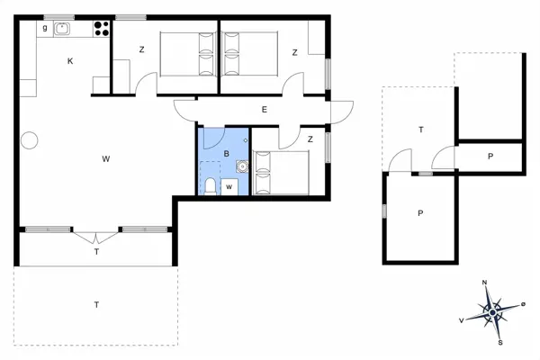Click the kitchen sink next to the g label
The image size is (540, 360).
pyautogui.click(x=62, y=29)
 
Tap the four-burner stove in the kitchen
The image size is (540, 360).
pyautogui.click(x=99, y=28)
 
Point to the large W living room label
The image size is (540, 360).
pyautogui.click(x=105, y=159)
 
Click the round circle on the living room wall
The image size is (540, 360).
pyautogui.click(x=29, y=140)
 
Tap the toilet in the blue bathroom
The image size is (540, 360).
pyautogui.click(x=210, y=186)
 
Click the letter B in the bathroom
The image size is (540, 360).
pyautogui.click(x=226, y=154)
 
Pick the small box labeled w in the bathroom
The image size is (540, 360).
pyautogui.click(x=229, y=186)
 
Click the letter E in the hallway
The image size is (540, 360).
pyautogui.click(x=264, y=110)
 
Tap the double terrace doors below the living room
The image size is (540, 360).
pyautogui.click(x=96, y=235)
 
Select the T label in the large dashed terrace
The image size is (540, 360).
pyautogui.click(x=95, y=305)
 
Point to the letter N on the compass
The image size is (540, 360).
pyautogui.click(x=485, y=283)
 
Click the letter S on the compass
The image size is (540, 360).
pyautogui.click(x=499, y=342)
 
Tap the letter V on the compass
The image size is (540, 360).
pyautogui.click(x=462, y=319)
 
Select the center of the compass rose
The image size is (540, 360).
pyautogui.click(x=492, y=312)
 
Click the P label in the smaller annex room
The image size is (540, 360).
pyautogui.click(x=490, y=157)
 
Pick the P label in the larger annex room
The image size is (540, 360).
pyautogui.click(x=419, y=213)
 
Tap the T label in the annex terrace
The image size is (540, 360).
pyautogui.click(x=419, y=130)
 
